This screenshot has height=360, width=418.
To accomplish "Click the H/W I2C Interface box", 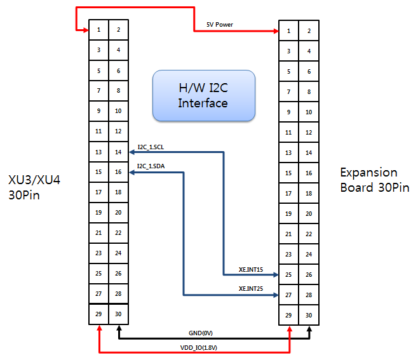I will coord(203,95).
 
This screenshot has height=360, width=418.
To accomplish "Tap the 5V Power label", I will coord(220,25).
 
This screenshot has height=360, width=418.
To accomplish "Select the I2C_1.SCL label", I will coord(151,147).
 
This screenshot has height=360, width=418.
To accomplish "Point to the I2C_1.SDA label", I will coord(151,166).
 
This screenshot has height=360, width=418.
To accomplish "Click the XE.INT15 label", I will coord(251,270).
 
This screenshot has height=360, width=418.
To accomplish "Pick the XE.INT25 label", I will coord(251,289).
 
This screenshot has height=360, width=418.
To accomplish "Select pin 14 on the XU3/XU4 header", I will coord(118,152).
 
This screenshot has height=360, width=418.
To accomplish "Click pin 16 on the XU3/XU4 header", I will coord(118,172).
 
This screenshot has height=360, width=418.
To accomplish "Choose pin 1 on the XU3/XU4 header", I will coord(98,30).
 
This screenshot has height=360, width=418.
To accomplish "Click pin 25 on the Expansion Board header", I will coord(289,275).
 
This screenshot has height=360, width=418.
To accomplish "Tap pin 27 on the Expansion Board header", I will coord(289,295).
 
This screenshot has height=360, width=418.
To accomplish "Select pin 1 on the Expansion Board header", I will coord(289,30).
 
